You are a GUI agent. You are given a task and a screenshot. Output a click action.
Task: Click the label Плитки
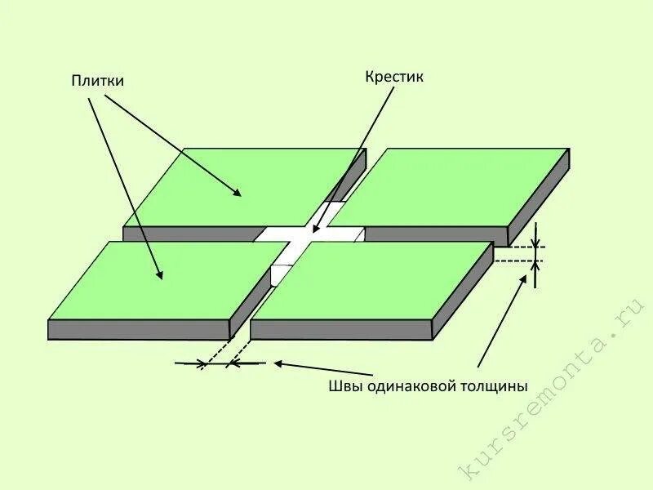pos(96,81)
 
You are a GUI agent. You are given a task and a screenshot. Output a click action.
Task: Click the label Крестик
pos(395,77)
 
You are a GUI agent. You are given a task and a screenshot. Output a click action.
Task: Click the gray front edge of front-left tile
pos(139,330)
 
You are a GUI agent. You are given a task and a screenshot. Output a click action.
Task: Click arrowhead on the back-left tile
pos(238,194)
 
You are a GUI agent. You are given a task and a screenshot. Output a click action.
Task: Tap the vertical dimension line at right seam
pos(535,253)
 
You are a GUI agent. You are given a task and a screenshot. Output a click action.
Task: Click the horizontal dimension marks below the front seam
pos(215,363)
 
